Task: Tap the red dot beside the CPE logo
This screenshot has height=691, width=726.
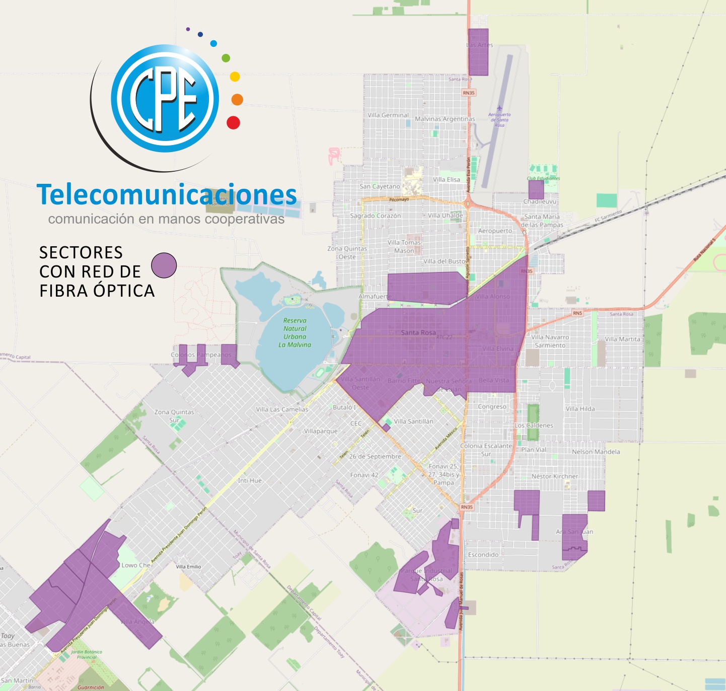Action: click(233, 122)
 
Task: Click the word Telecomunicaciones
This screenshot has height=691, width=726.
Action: click(167, 195)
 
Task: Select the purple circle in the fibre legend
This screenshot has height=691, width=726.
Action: click(164, 265)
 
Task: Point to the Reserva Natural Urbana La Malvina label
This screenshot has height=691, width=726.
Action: click(295, 332)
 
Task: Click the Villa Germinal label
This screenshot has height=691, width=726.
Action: click(388, 115)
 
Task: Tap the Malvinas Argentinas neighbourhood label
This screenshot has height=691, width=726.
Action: click(445, 119)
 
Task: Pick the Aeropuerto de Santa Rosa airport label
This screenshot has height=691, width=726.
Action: click(499, 120)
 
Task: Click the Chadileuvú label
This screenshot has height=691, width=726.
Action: click(540, 201)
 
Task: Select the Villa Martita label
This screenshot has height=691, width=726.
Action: click(622, 339)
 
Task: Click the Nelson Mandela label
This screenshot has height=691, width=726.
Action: click(596, 452)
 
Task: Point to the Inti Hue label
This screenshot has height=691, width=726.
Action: click(250, 480)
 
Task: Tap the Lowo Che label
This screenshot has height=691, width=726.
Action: click(136, 565)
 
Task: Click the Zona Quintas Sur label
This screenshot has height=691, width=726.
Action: click(174, 416)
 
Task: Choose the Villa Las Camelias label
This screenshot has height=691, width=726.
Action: click(281, 409)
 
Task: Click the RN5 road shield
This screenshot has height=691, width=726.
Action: click(577, 313)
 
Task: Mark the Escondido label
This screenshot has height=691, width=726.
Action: click(483, 555)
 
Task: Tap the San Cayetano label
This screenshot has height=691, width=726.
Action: click(380, 186)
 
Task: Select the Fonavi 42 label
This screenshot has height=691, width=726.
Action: click(364, 475)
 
